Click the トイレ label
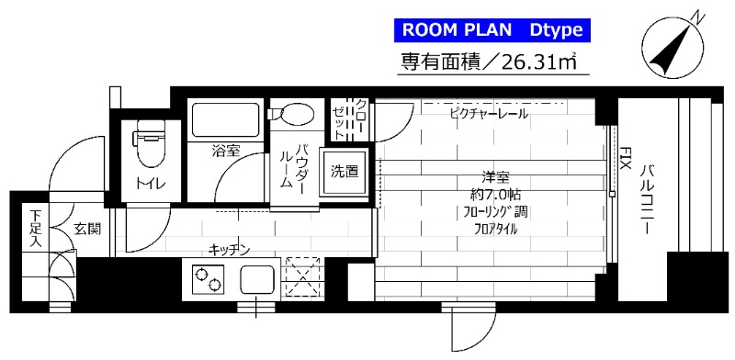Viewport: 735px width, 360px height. [152, 183]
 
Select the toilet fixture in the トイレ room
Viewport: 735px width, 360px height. [148, 138]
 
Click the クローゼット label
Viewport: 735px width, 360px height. [350, 118]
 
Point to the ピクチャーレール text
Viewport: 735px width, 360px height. [488, 114]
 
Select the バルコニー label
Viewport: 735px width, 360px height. [649, 197]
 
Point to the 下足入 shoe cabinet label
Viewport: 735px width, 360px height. [36, 230]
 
